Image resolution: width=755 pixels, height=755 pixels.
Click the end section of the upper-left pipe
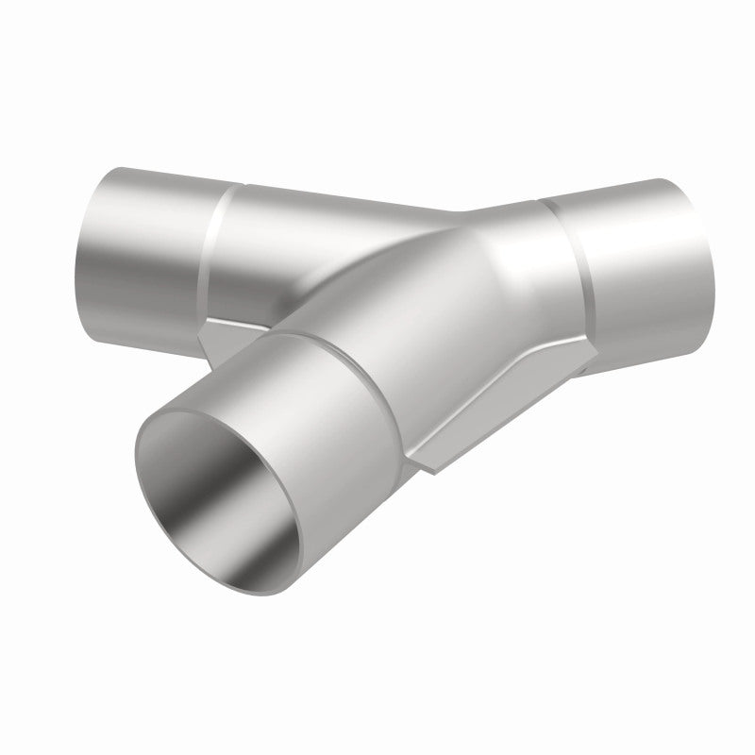(x=142, y=245)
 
